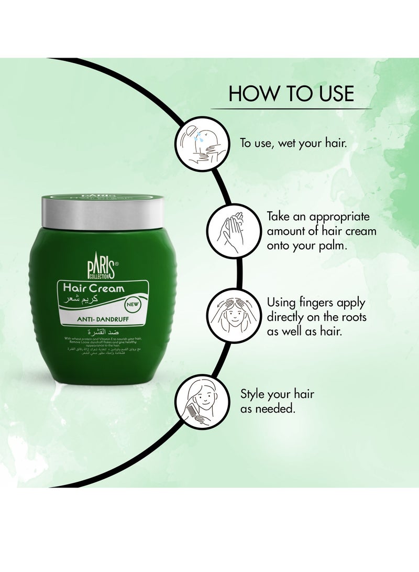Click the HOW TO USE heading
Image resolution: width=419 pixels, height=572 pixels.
[x=291, y=93]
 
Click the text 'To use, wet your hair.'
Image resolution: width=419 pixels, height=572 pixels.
[x=293, y=143]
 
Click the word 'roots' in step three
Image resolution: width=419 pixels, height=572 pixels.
[x=352, y=317]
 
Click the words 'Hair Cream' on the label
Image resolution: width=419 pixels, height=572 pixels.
[x=93, y=288]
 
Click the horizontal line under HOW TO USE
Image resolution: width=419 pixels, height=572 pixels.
[x=291, y=109]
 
